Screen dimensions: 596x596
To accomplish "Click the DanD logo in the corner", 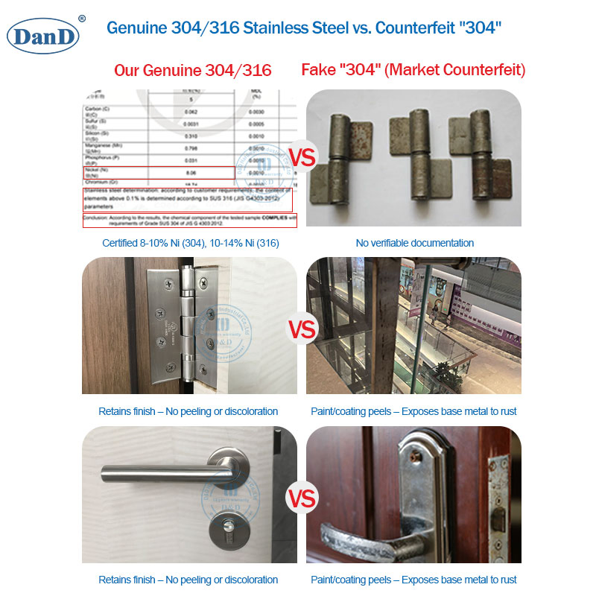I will (43, 34).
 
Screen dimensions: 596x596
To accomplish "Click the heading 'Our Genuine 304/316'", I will (192, 71).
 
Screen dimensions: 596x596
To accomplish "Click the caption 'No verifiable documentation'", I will (414, 243).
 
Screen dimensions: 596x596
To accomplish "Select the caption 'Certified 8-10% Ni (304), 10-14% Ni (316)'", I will (190, 243).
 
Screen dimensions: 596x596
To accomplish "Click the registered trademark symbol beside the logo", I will (82, 18).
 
